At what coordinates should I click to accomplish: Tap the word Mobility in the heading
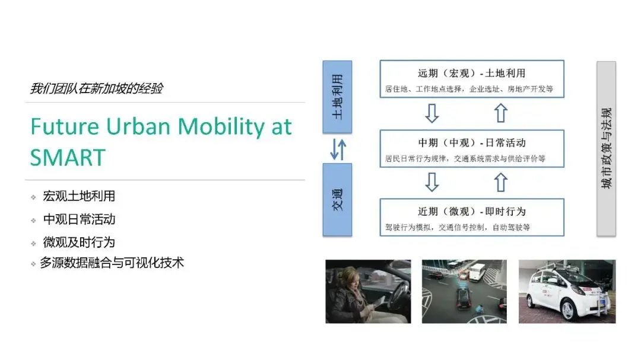point(221,126)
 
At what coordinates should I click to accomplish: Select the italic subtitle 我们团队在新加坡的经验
point(96,89)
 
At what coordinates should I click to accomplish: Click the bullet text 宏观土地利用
point(79,196)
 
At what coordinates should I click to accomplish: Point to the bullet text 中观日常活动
point(79,219)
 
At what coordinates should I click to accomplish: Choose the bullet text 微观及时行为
point(79,242)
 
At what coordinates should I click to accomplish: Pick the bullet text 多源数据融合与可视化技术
point(112,263)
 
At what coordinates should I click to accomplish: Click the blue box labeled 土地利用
point(337,97)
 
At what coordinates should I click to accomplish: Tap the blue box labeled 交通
point(337,199)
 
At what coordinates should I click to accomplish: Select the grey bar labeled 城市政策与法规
point(606,149)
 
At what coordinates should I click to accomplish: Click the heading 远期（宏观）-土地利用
point(472,74)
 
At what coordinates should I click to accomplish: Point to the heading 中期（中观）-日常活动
point(472,143)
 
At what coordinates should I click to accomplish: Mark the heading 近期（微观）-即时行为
point(472,212)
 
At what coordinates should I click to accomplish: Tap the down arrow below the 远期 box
point(432,113)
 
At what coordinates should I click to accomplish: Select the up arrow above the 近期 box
point(501,182)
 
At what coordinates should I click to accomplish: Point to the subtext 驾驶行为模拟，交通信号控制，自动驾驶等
point(457,227)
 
